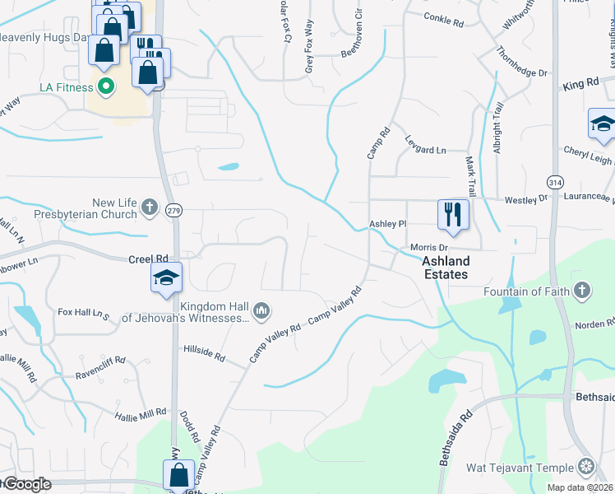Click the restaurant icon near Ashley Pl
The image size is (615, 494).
point(453,215)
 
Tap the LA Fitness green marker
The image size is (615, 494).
point(105,85)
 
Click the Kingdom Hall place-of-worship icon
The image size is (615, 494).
point(262,310)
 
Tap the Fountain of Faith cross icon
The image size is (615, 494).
point(581,290)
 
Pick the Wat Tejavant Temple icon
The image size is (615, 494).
point(585,468)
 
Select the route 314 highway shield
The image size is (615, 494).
point(554,181)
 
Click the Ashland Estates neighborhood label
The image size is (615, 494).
point(445,268)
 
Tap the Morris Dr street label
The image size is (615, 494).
point(429,248)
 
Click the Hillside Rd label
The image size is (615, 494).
point(204,353)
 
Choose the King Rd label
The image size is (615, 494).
point(580,85)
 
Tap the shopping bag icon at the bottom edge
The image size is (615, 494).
point(178,475)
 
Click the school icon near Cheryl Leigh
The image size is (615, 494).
point(603,126)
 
